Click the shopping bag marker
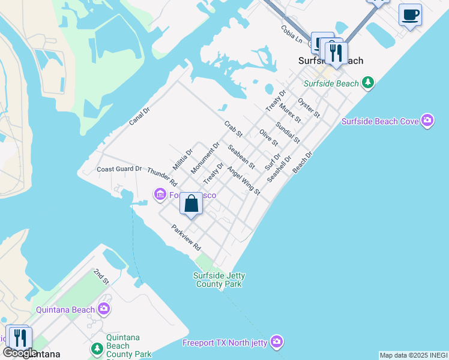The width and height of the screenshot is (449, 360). [191, 204]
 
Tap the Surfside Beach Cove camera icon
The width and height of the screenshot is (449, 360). [427, 121]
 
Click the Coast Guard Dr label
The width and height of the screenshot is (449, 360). [119, 169]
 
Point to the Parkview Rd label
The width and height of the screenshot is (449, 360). [185, 238]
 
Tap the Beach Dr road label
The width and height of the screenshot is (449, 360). [303, 163]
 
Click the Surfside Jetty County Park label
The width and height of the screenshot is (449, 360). [219, 280]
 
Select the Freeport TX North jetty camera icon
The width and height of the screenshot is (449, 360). [276, 342]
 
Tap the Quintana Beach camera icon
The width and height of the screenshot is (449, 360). [104, 310]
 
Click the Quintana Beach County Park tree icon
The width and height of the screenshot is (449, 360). [97, 348]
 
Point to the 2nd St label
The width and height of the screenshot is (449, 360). [101, 277]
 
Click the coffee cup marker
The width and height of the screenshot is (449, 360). [410, 15]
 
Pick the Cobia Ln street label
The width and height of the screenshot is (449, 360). [292, 34]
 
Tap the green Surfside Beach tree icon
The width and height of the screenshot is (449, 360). [368, 83]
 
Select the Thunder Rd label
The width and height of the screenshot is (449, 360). [162, 176]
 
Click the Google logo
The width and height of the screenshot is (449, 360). [20, 353]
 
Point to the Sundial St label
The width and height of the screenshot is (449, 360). [288, 133]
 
